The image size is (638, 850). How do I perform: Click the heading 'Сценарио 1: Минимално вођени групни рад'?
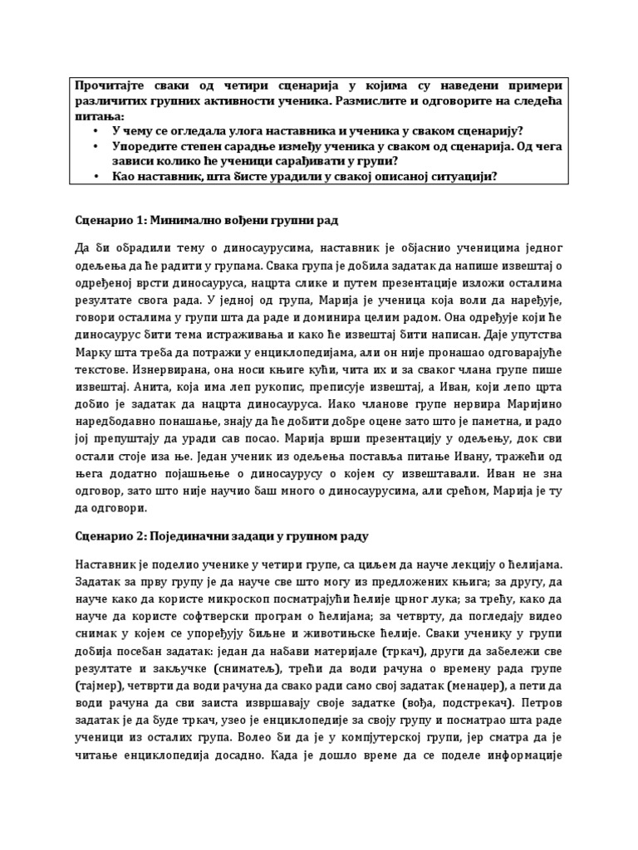(207, 222)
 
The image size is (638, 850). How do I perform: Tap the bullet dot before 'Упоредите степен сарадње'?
(96, 146)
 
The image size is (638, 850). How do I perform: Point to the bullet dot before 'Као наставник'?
(96, 176)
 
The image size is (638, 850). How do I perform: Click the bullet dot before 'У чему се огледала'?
(96, 131)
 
